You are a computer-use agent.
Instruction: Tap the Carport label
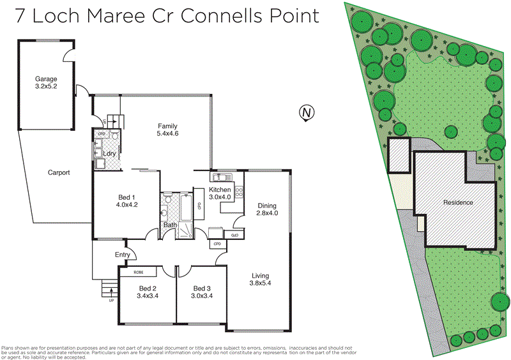(59, 172)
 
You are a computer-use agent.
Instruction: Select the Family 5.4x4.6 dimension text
(167, 134)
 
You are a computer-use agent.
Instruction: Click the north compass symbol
(307, 114)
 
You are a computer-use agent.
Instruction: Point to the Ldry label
(108, 154)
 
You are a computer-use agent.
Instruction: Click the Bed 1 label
(127, 197)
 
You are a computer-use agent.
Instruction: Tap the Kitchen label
(220, 190)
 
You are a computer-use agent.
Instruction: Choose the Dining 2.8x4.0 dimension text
(268, 213)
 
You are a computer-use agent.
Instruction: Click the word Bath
(170, 225)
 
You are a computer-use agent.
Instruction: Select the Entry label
(123, 255)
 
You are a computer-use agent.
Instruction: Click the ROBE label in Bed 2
(139, 273)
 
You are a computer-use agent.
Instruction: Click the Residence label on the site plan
(458, 202)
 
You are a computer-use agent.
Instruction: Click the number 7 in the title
(22, 16)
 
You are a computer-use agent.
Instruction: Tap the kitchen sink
(219, 177)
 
